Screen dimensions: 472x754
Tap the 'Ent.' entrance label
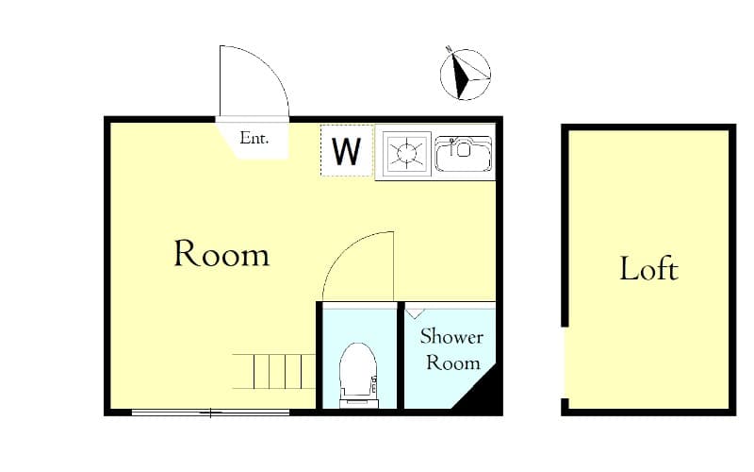tap(254, 138)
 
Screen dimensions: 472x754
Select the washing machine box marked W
tap(347, 150)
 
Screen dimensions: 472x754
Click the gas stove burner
tap(405, 152)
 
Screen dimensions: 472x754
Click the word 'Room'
tap(221, 254)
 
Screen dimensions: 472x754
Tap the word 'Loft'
tap(648, 269)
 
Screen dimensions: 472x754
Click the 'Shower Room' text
tap(451, 349)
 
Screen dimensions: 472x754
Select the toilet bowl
tap(356, 369)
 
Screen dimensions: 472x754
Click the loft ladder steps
tap(273, 371)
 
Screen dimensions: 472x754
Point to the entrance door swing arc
tap(253, 80)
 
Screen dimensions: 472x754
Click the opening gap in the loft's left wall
tap(564, 363)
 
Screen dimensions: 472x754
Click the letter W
tap(347, 151)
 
